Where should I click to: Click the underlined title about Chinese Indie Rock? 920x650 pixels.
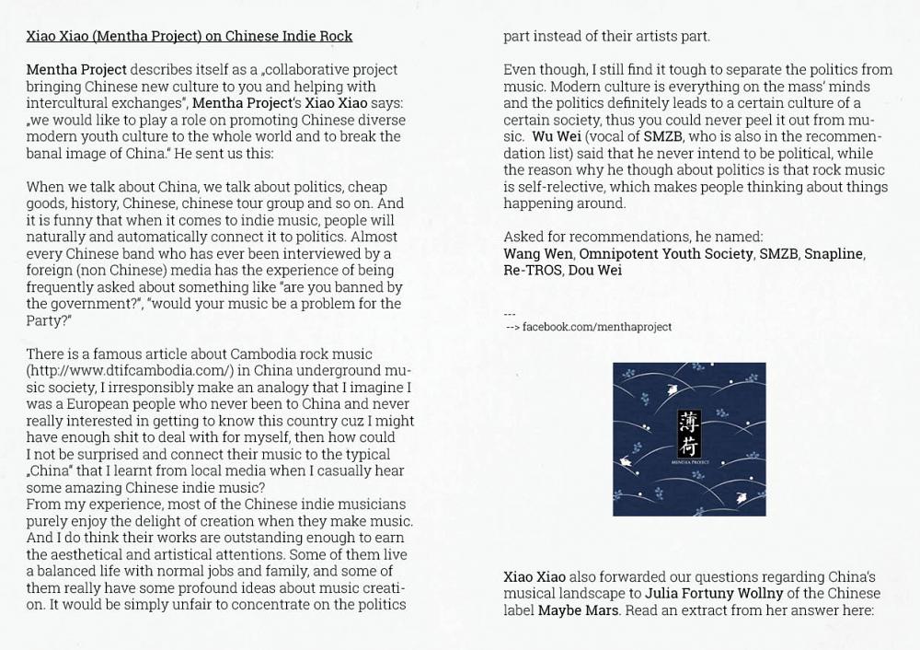[189, 36]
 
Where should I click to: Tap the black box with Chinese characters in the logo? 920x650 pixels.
[688, 433]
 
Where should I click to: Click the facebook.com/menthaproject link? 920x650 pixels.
[596, 327]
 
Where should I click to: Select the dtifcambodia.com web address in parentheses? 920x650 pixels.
[130, 370]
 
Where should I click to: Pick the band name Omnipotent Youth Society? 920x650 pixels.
[665, 253]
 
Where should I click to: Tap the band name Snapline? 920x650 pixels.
[834, 253]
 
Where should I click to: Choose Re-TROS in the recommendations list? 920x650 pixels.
[532, 270]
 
